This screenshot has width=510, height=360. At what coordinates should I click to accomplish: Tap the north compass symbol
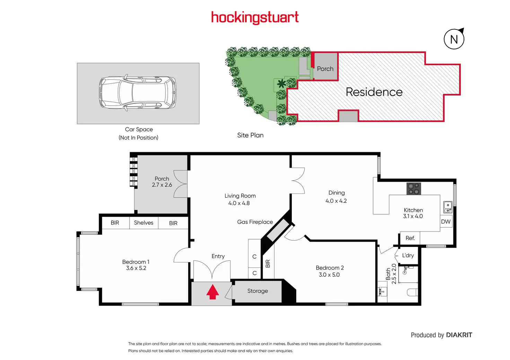pos(454,39)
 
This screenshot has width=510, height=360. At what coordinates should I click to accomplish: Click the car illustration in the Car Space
pos(138,93)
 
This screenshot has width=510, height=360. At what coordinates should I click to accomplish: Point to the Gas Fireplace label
pos(255,222)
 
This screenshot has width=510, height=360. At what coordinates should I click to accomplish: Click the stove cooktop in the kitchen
pos(413,189)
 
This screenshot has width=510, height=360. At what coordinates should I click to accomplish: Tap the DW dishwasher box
pos(446,222)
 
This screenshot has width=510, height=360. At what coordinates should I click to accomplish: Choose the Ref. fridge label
pos(410,238)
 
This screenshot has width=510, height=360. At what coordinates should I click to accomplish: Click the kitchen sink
pos(448,207)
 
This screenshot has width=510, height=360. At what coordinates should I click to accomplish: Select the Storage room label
pos(257,291)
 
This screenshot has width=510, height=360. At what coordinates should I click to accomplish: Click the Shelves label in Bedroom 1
pos(143,223)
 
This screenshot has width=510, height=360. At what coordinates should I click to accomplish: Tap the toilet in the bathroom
pos(412,293)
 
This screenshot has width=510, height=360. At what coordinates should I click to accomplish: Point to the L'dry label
pos(408,255)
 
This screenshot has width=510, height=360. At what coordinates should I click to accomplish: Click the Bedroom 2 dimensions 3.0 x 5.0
pos(329,275)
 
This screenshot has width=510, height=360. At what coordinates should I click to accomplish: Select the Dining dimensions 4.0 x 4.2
pos(336,201)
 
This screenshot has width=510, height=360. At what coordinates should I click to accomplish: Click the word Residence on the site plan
pos(374,92)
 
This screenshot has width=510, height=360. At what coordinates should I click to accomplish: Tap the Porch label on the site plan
pos(325,69)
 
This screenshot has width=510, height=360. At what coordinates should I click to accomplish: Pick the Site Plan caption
pos(250,135)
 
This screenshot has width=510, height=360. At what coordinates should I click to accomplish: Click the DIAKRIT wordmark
pos(459,335)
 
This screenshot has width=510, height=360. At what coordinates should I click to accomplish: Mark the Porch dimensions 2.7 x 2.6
pos(162,185)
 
